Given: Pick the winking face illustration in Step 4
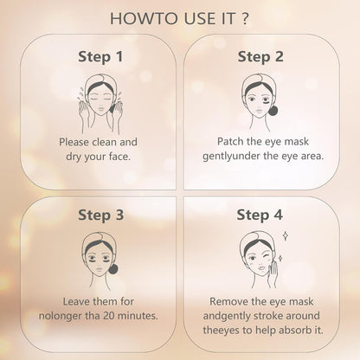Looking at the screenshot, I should click(x=263, y=254).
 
